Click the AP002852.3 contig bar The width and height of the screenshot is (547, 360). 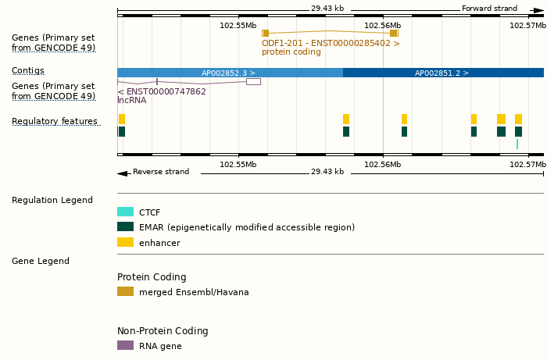click(229, 73)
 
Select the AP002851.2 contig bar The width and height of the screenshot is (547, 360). click(442, 73)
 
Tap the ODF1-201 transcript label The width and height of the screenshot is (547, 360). click(331, 43)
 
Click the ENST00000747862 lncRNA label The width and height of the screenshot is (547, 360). click(162, 91)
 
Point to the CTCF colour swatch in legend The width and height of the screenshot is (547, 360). click(125, 212)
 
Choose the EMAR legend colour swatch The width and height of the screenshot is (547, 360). click(125, 227)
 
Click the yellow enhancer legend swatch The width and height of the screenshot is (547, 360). click(125, 243)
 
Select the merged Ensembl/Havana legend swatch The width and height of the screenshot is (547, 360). click(125, 292)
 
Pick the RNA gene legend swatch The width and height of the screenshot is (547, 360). click(125, 345)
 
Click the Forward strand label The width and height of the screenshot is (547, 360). click(489, 9)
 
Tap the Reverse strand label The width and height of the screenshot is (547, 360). click(160, 172)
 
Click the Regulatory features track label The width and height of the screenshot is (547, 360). click(55, 121)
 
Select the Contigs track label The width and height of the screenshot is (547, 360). click(28, 70)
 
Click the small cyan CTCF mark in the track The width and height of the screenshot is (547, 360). click(517, 144)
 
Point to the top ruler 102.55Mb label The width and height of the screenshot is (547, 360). click(238, 25)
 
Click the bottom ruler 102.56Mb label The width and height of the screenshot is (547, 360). click(383, 164)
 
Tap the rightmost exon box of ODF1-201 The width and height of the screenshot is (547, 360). click(394, 33)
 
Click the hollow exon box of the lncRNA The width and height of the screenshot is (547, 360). click(253, 81)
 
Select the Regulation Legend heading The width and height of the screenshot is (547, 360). click(52, 200)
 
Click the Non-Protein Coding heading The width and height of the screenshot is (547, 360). click(163, 331)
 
